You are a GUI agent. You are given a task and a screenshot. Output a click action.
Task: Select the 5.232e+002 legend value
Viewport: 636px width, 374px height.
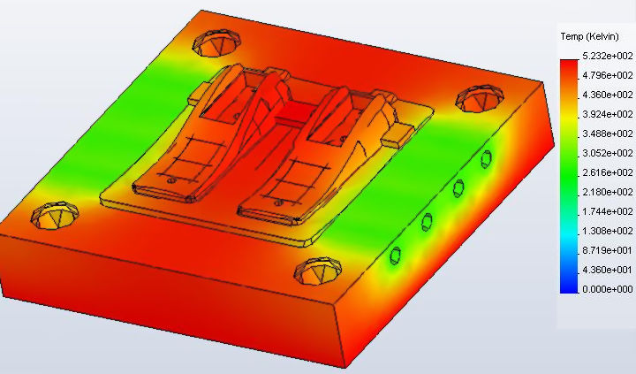(608, 56)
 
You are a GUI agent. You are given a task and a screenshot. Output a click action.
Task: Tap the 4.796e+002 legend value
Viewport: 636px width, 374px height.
(608, 75)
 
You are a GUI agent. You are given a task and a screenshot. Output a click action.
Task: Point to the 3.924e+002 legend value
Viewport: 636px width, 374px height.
(608, 114)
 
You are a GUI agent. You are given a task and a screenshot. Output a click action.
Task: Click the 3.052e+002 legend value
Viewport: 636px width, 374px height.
(608, 153)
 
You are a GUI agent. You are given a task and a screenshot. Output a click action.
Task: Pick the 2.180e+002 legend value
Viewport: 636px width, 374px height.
(608, 192)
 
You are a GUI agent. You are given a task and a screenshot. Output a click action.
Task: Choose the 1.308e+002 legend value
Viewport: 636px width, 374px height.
(608, 231)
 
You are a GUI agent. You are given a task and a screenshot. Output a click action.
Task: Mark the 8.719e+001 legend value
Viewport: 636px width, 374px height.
(608, 250)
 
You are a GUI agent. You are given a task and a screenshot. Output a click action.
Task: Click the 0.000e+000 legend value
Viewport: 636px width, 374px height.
(608, 289)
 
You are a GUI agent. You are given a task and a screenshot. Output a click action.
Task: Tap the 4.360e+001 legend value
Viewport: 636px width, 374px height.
(608, 270)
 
